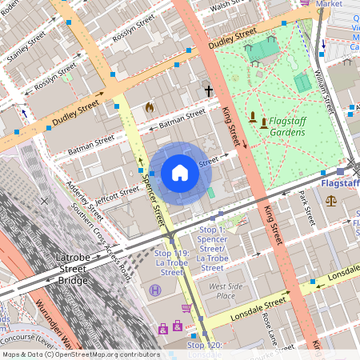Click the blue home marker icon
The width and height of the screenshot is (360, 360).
coord(180,173)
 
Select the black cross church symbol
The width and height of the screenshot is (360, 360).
coord(210,91)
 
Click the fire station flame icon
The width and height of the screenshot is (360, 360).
coord(149,106)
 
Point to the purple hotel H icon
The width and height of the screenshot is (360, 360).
coord(154,290)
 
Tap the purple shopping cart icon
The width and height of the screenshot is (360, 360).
coord(186,308)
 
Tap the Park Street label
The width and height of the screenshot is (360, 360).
coord(306,206)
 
